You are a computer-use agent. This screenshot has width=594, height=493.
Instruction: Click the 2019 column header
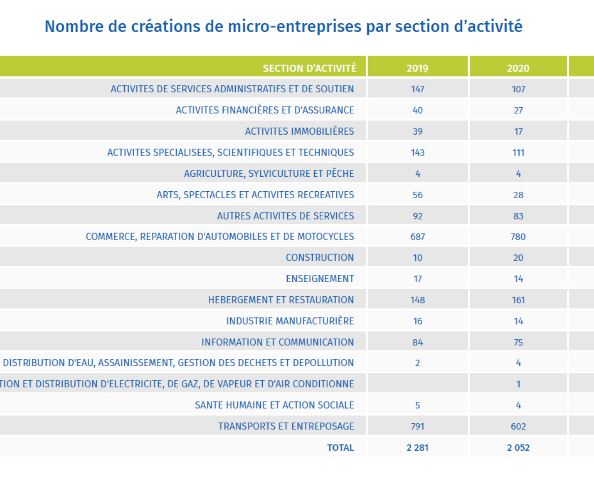click(x=417, y=68)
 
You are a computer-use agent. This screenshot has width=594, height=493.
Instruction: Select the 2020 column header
click(x=518, y=68)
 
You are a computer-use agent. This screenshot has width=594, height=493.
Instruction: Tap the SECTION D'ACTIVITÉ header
click(x=310, y=68)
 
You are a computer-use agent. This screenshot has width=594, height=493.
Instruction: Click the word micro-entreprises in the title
click(x=294, y=26)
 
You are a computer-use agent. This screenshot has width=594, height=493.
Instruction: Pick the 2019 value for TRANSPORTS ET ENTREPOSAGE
click(x=417, y=427)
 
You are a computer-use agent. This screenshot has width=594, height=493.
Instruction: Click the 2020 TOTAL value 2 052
click(x=518, y=448)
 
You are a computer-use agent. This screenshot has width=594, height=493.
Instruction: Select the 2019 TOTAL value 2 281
click(x=417, y=448)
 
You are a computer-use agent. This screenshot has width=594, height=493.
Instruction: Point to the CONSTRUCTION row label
click(x=320, y=258)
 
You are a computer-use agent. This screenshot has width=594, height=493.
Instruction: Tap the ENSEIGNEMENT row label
click(x=320, y=279)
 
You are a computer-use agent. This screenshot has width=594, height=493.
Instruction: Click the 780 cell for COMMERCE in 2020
click(x=518, y=237)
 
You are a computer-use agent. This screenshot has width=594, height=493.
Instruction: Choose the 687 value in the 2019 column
click(x=417, y=237)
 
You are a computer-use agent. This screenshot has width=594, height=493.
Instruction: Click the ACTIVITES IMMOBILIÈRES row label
click(x=300, y=131)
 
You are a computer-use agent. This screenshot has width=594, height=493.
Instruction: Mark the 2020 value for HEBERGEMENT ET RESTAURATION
click(x=518, y=300)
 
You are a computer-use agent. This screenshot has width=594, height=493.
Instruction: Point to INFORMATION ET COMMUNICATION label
click(x=278, y=342)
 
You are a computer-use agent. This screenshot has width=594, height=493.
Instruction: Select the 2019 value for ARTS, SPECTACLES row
click(x=417, y=195)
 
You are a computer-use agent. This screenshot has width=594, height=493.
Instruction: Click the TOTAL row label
click(x=341, y=448)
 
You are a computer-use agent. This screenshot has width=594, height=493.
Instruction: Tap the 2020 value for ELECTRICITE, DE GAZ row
click(x=518, y=384)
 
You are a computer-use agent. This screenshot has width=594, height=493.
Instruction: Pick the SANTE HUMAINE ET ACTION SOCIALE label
click(x=275, y=405)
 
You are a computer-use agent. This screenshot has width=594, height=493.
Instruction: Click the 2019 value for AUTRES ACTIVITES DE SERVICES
click(x=417, y=216)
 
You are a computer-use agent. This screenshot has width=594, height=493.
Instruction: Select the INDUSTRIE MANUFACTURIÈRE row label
click(x=290, y=321)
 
